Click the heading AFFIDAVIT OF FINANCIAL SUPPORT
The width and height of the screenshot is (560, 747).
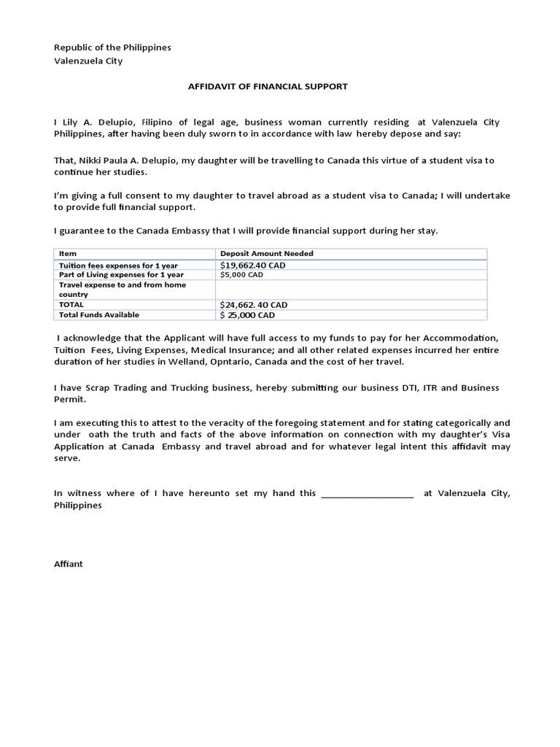click(x=268, y=87)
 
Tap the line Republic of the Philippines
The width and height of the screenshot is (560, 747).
click(x=112, y=47)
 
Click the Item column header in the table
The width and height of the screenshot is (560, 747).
click(x=68, y=254)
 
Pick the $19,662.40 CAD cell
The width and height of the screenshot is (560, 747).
click(x=252, y=266)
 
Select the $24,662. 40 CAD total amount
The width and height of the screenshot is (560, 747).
click(x=254, y=305)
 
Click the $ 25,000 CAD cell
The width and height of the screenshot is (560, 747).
click(x=248, y=315)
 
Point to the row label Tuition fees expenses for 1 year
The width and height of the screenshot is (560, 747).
click(x=118, y=266)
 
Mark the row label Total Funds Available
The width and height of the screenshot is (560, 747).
click(x=99, y=315)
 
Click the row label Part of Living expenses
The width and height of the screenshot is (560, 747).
click(x=121, y=275)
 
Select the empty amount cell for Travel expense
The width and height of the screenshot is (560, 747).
click(x=350, y=290)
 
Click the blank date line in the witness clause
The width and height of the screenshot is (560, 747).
click(x=367, y=494)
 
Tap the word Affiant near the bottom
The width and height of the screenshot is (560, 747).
click(x=69, y=564)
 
